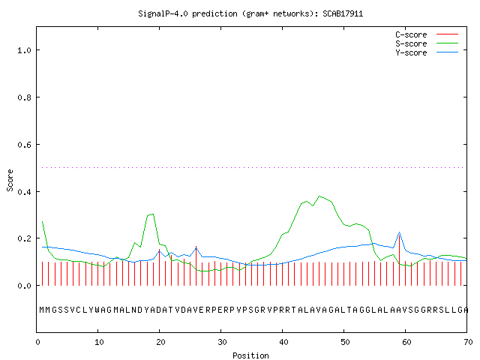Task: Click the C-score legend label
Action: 411,34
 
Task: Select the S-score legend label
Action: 411,43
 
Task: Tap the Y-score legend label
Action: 411,52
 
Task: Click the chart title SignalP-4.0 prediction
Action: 187,13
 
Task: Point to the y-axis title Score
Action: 10,180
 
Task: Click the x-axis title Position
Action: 250,355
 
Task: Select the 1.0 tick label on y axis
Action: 25,50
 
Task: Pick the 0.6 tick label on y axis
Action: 25,145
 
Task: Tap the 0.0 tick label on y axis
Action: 25,286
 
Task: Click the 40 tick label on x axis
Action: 283,342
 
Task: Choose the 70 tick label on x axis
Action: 468,342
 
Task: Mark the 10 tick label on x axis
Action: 99,342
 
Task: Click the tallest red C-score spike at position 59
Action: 400,259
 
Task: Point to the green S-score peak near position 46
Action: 319,196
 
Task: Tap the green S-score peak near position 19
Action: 152,214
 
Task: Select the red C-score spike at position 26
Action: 196,265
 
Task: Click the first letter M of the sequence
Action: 42,310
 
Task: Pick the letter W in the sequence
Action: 97,310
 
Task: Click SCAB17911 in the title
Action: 343,13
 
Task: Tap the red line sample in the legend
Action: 447,34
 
